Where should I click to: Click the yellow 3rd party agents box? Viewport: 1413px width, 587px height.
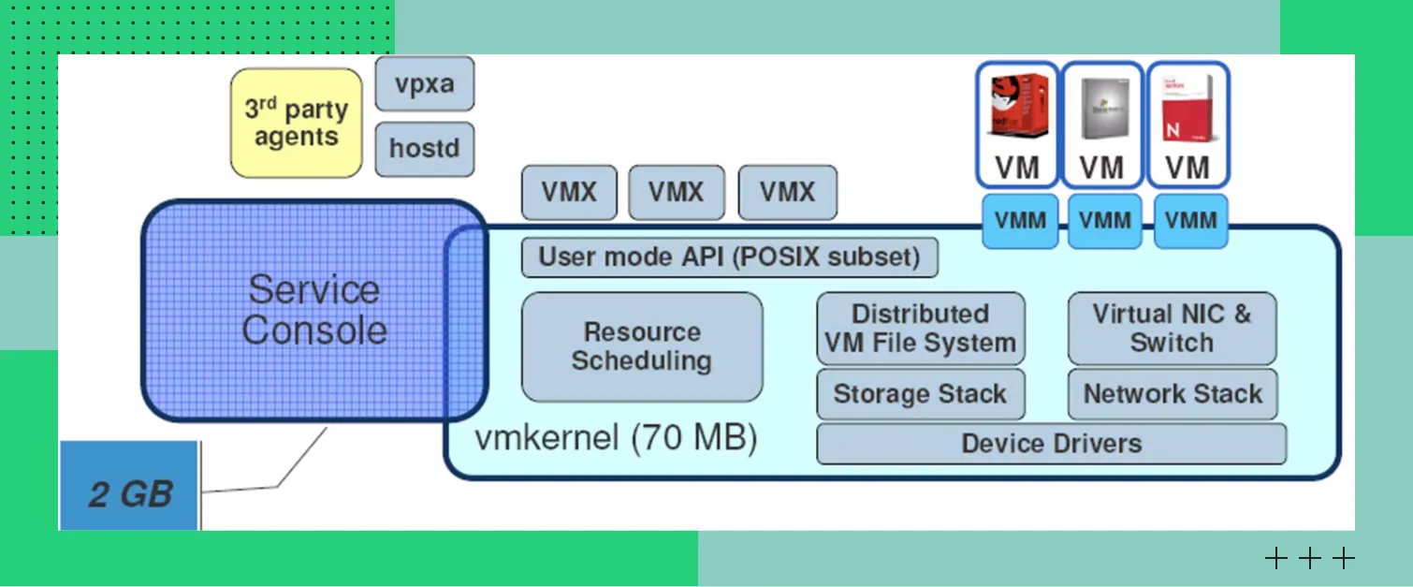point(296,123)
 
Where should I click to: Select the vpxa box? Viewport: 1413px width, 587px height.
point(424,84)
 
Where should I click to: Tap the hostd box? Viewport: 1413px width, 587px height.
point(424,148)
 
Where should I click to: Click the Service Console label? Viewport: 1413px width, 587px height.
point(313,310)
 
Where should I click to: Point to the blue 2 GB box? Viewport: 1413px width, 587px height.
point(129,487)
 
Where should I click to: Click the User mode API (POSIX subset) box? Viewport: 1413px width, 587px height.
point(729,257)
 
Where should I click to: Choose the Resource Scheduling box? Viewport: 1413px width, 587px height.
point(642,346)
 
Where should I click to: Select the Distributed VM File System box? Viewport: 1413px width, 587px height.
point(920,329)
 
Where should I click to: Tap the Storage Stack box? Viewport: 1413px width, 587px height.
point(920,394)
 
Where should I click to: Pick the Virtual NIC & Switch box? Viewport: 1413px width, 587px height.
point(1172,329)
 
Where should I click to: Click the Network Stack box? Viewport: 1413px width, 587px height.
point(1173,394)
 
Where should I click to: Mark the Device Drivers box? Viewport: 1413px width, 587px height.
point(1051,444)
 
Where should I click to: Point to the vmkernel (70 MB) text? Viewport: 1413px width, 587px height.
point(616,438)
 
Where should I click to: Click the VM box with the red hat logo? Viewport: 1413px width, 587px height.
point(1017,125)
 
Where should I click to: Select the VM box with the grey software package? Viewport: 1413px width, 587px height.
point(1102,125)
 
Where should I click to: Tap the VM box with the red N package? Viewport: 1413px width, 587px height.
point(1187,125)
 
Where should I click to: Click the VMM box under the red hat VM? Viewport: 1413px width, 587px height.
point(1020,221)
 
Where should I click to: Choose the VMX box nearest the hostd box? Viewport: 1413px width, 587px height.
point(569,193)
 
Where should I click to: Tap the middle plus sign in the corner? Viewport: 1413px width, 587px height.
point(1310,559)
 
